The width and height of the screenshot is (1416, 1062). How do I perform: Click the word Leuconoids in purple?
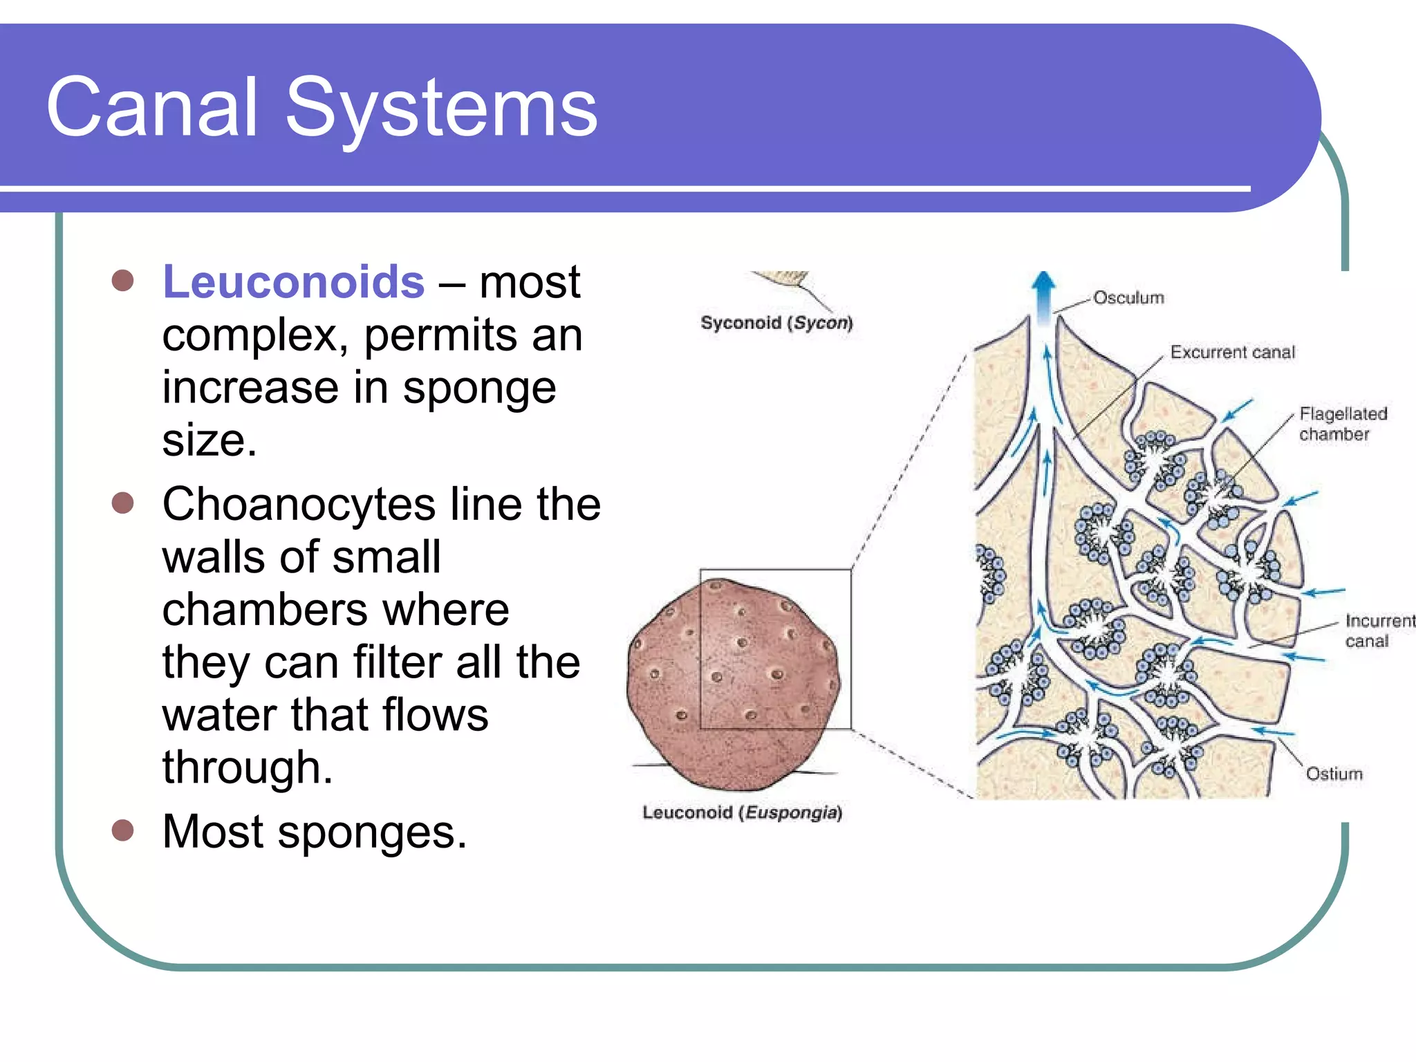click(x=293, y=282)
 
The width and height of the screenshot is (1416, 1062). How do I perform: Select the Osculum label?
click(x=1128, y=298)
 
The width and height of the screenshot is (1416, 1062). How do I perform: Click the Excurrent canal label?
click(x=1232, y=353)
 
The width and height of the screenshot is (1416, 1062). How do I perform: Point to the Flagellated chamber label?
click(x=1342, y=424)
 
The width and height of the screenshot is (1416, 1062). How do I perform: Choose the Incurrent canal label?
click(x=1378, y=631)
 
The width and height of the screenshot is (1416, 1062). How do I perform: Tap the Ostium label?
click(x=1334, y=774)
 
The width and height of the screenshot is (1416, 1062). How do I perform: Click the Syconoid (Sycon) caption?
click(x=776, y=323)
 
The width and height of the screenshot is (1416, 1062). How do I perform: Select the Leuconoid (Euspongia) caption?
click(x=742, y=812)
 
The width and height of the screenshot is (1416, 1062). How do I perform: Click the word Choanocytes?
click(x=299, y=504)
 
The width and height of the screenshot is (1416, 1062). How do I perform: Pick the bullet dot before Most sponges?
click(x=122, y=830)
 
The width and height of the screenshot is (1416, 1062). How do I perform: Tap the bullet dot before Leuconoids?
click(x=122, y=281)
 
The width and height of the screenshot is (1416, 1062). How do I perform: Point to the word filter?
click(x=397, y=662)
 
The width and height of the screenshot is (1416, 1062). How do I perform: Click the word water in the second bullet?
click(x=218, y=715)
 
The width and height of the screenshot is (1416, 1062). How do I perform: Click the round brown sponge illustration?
click(x=733, y=682)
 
